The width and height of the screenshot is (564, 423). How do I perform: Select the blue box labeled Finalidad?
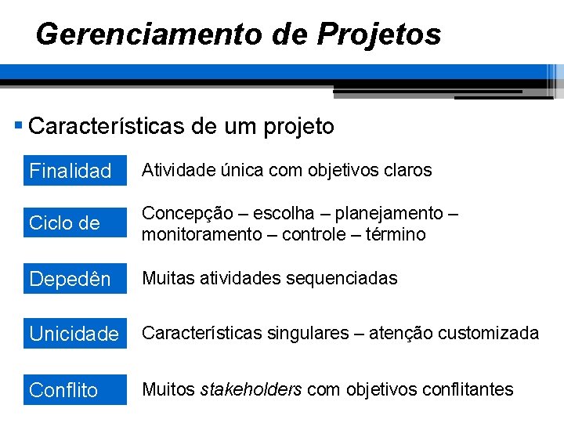(x=75, y=170)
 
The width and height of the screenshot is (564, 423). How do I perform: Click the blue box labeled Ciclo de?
(x=75, y=223)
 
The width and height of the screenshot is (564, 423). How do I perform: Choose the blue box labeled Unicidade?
(x=75, y=334)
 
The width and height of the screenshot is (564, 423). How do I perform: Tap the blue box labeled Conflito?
(x=75, y=389)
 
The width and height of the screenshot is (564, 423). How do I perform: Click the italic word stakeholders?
(x=251, y=389)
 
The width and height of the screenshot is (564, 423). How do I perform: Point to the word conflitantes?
(x=468, y=389)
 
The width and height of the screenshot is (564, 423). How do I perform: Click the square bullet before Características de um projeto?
(x=19, y=125)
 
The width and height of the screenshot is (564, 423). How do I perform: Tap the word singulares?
(x=308, y=334)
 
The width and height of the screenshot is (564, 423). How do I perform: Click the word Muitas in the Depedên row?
(x=167, y=278)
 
